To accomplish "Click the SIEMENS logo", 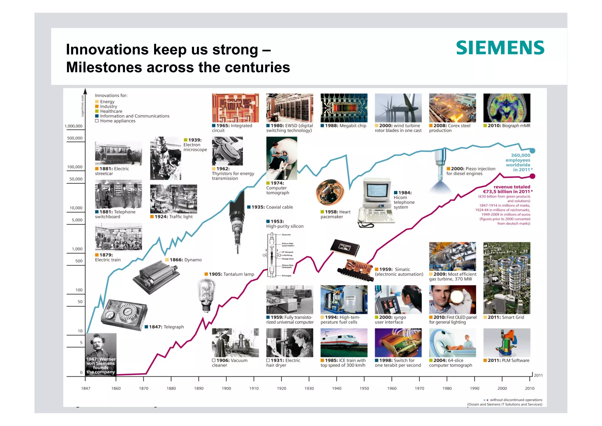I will [500, 48].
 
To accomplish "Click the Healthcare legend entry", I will [111, 111].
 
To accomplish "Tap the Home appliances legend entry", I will [117, 121].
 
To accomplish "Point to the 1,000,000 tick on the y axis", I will [73, 126].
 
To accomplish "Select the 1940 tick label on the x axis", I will [337, 388].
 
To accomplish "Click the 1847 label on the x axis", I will [86, 388].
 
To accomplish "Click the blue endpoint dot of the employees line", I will [532, 151].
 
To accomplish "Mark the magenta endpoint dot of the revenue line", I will [532, 176].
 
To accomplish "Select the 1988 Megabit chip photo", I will [344, 108].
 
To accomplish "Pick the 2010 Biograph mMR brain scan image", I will [506, 108].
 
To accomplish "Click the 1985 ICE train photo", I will [344, 343].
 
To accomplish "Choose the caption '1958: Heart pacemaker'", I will [335, 214].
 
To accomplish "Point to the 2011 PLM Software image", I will [506, 343].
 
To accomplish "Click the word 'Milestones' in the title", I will [104, 67].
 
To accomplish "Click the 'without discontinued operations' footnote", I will [516, 400].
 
